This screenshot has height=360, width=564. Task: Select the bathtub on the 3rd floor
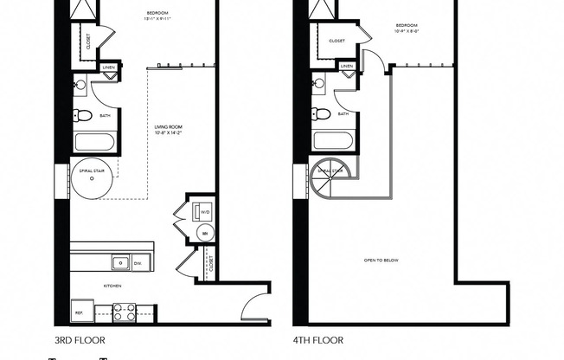(x=91, y=142)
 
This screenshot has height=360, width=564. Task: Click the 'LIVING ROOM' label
(x=163, y=127)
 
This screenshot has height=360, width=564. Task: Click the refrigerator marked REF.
(x=79, y=312)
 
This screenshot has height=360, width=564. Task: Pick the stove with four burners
(x=124, y=312)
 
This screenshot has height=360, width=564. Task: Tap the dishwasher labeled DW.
(x=138, y=262)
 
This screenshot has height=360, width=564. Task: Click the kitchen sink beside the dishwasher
(x=119, y=262)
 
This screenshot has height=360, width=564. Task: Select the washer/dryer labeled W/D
(x=204, y=210)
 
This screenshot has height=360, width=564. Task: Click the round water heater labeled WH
(x=204, y=233)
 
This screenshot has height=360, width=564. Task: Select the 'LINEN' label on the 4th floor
(x=347, y=67)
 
